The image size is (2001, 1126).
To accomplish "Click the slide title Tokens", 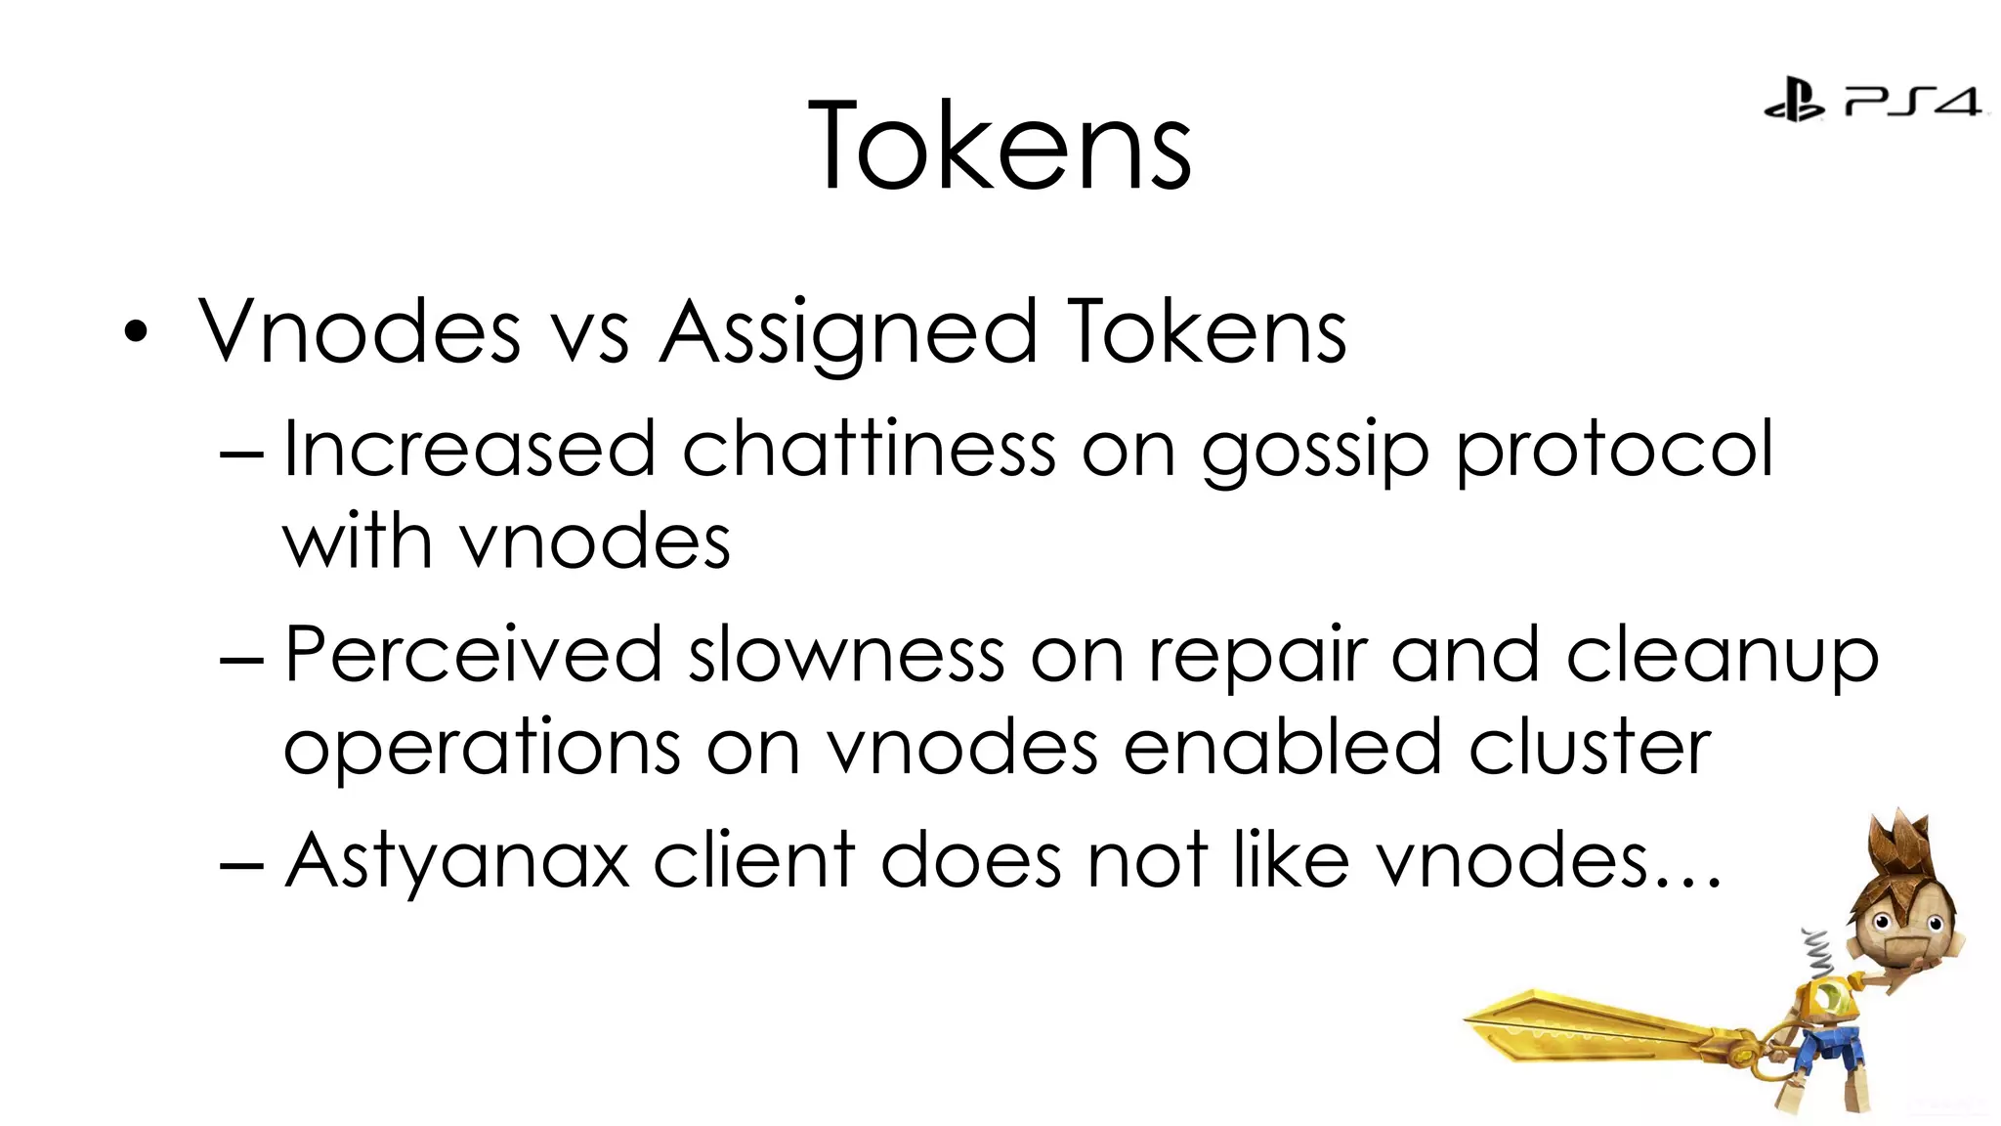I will (1000, 147).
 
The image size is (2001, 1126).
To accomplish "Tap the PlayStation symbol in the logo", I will (1793, 100).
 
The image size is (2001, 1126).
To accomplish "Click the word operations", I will (482, 749).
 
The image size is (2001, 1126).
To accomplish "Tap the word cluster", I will (1590, 747).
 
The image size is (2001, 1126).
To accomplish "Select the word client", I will (754, 860).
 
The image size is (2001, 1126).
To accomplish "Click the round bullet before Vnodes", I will (136, 332).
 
